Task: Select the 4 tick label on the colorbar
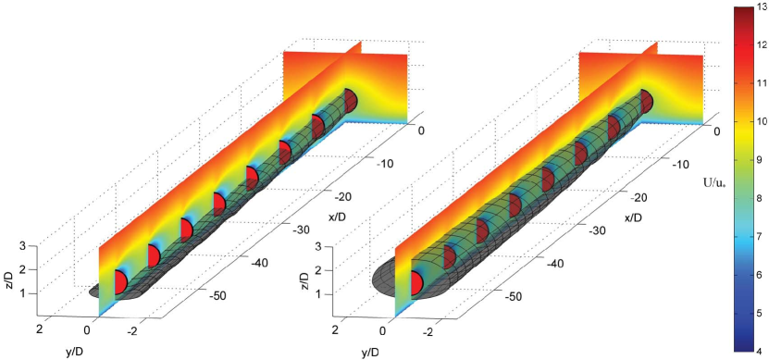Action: [758, 351]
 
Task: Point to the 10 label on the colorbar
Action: [760, 121]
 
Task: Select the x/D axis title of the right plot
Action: [634, 217]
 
